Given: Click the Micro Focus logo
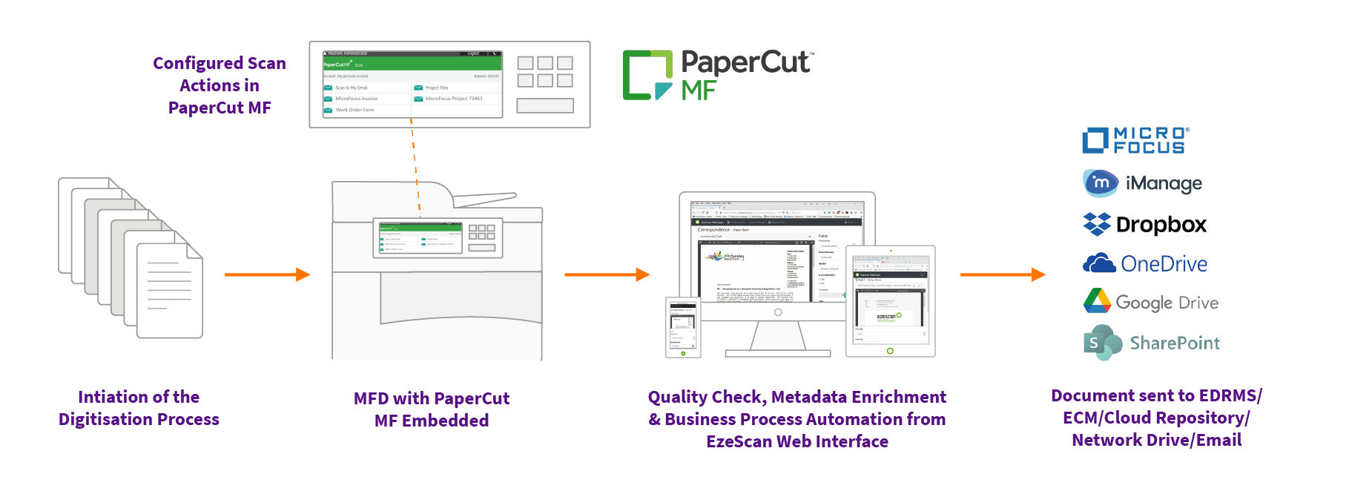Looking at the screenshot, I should (1135, 139).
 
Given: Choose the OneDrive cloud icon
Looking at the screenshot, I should (1099, 263).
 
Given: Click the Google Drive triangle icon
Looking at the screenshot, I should (1097, 301).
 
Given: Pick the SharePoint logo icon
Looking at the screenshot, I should (1101, 342).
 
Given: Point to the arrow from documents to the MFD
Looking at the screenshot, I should (267, 274).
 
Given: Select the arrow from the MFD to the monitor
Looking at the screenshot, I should (607, 274).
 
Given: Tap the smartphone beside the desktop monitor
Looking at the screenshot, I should (682, 327).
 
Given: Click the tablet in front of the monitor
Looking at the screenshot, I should (890, 300).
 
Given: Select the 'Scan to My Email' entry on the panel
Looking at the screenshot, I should (351, 88).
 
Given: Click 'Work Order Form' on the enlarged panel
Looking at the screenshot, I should (354, 110).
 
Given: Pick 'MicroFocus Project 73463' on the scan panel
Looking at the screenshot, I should (453, 99).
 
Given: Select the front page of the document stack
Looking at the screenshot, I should (169, 289).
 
